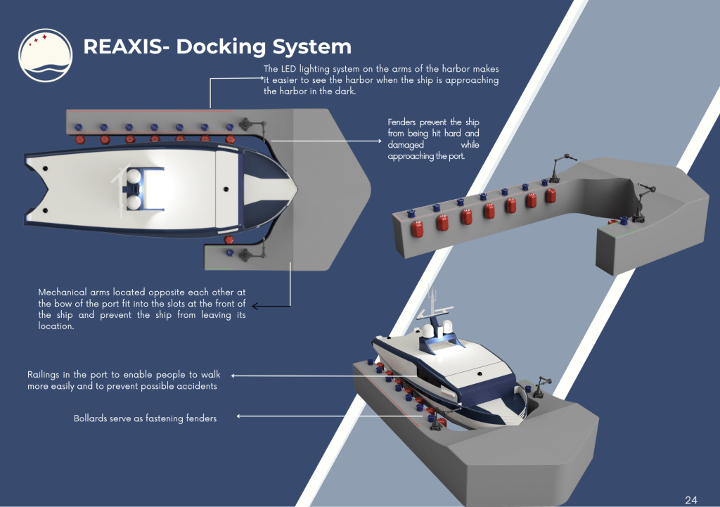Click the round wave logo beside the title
[x=46, y=56]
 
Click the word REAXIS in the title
[x=122, y=46]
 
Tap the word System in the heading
[x=311, y=47]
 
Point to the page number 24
[x=691, y=500]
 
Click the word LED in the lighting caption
[x=288, y=69]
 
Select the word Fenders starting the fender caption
[x=401, y=122]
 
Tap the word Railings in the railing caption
[x=43, y=375]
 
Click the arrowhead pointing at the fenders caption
[x=379, y=141]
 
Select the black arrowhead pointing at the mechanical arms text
[x=255, y=306]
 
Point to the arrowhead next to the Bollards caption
[x=239, y=416]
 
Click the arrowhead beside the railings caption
[x=233, y=376]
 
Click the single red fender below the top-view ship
[x=229, y=239]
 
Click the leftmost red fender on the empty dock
[x=417, y=229]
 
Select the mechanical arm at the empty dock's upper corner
[x=562, y=166]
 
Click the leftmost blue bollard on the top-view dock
[x=79, y=127]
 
